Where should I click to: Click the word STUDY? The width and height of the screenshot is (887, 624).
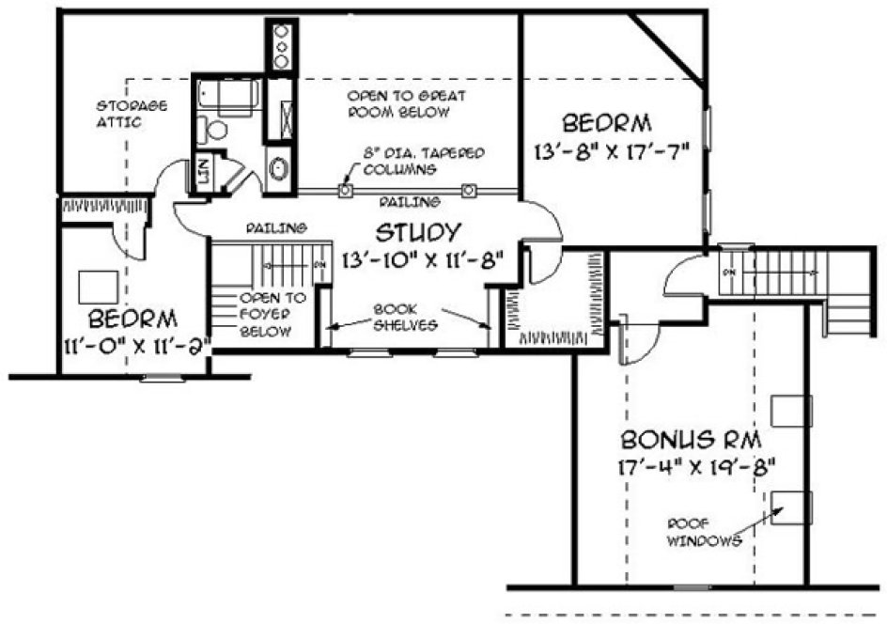click(x=418, y=231)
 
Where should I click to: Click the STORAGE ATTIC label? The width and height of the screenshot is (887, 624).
click(x=121, y=114)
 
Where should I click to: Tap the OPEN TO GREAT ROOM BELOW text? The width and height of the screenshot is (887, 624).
click(x=406, y=103)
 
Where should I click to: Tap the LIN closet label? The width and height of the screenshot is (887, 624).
click(x=200, y=172)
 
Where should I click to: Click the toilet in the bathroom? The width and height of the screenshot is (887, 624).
click(x=217, y=129)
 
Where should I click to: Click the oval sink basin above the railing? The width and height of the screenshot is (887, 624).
click(x=279, y=170)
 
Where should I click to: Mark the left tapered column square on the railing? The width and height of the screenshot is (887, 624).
click(x=345, y=190)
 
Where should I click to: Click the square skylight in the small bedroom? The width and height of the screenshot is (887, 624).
click(x=99, y=286)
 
